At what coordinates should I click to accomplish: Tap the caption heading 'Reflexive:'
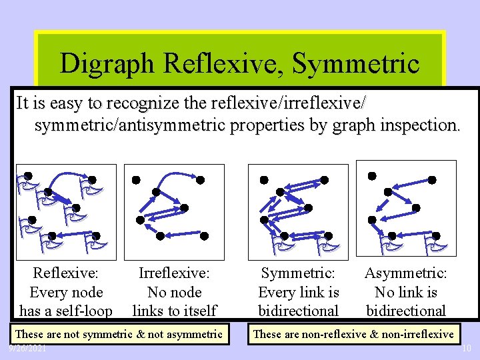click(x=65, y=273)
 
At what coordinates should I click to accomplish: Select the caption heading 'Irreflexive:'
click(x=174, y=273)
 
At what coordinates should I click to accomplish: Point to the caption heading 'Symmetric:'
click(x=298, y=273)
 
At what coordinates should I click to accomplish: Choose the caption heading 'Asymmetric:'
click(x=405, y=273)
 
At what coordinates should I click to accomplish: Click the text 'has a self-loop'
click(x=65, y=311)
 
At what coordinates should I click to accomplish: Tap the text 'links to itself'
click(x=174, y=311)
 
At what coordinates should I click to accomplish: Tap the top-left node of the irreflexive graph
click(x=136, y=180)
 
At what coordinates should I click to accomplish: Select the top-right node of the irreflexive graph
click(x=200, y=179)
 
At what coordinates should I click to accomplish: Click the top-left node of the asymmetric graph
click(x=372, y=175)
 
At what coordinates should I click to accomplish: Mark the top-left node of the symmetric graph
click(x=264, y=180)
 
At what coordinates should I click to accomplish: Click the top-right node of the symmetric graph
click(x=325, y=179)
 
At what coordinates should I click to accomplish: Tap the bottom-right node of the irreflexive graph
click(x=205, y=235)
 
